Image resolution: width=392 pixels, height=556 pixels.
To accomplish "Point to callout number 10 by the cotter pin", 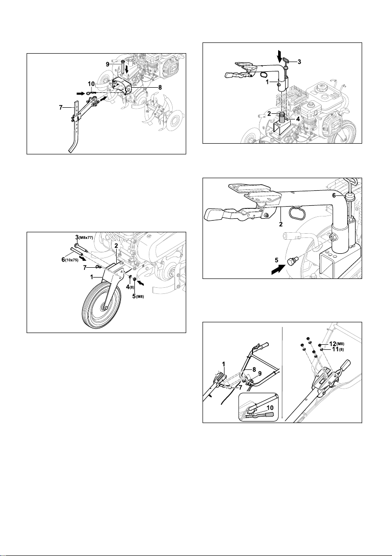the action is pyautogui.click(x=91, y=84).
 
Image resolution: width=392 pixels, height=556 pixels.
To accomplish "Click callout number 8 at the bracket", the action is pyautogui.click(x=161, y=87).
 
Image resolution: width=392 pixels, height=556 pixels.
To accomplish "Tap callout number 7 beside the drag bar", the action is pyautogui.click(x=62, y=107).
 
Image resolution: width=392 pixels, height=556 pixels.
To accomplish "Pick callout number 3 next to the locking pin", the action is pyautogui.click(x=300, y=62).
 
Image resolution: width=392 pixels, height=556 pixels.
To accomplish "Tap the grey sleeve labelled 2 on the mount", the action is pyautogui.click(x=282, y=118).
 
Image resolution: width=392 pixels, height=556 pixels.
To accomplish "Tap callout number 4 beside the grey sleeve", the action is pyautogui.click(x=298, y=119).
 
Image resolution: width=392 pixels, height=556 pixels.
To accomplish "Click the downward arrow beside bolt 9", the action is pyautogui.click(x=126, y=68).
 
